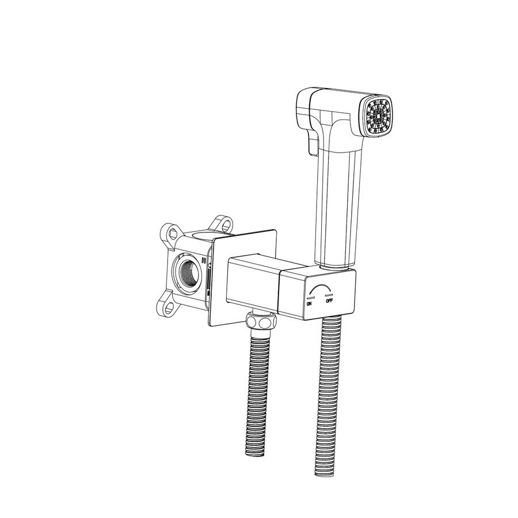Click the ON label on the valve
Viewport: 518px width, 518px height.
coord(309,303)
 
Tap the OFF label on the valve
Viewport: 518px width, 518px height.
coord(329,300)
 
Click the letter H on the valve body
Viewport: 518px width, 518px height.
coord(204,260)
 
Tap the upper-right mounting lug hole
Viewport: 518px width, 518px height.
coord(226,224)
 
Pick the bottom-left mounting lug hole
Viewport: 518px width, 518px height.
coord(169,308)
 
